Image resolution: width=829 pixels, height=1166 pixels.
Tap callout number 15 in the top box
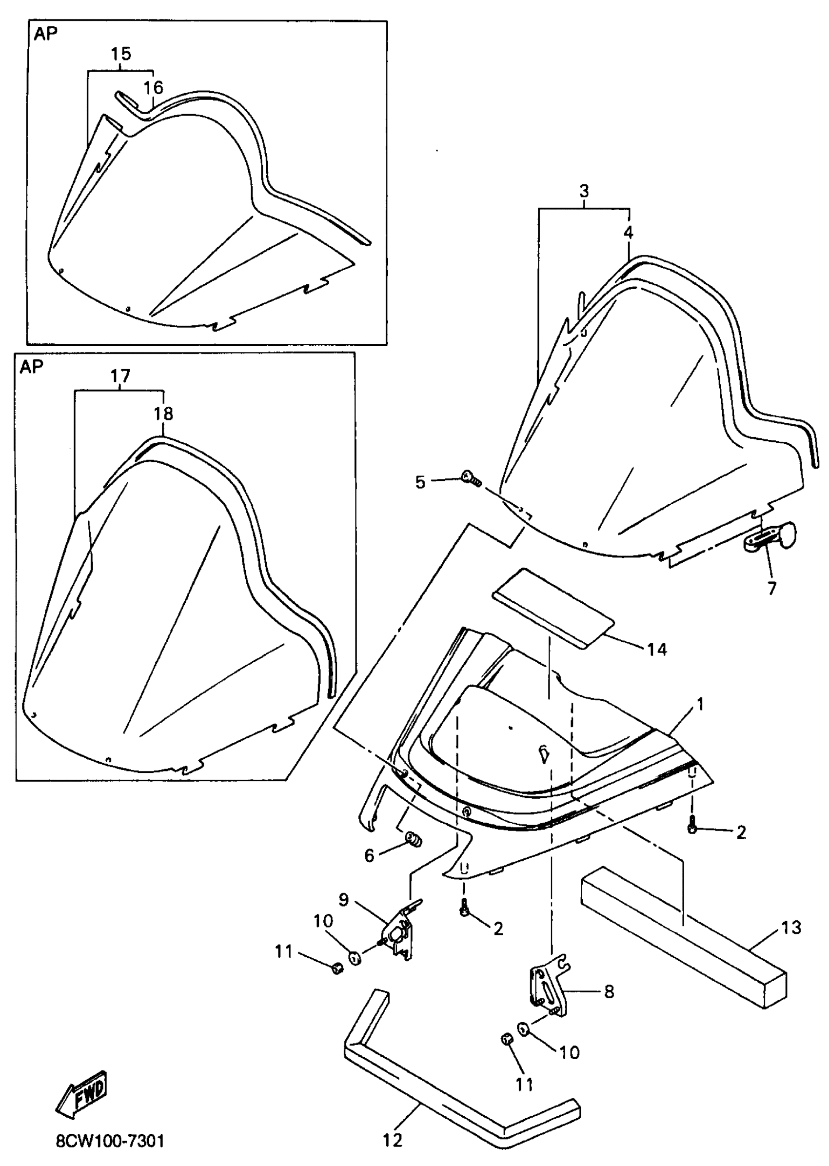[x=121, y=54]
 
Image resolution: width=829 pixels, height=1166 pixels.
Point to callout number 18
[x=164, y=413]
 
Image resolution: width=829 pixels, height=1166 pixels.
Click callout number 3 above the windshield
[x=584, y=192]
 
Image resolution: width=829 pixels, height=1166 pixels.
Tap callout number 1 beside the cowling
[x=700, y=705]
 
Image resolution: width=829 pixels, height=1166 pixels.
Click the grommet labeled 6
[x=414, y=838]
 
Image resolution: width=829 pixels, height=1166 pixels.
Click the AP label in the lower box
[x=32, y=367]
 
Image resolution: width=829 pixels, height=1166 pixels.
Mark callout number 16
[x=153, y=88]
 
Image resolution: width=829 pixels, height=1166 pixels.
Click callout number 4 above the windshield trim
[x=629, y=233]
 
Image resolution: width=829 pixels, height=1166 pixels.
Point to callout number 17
[x=120, y=377]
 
